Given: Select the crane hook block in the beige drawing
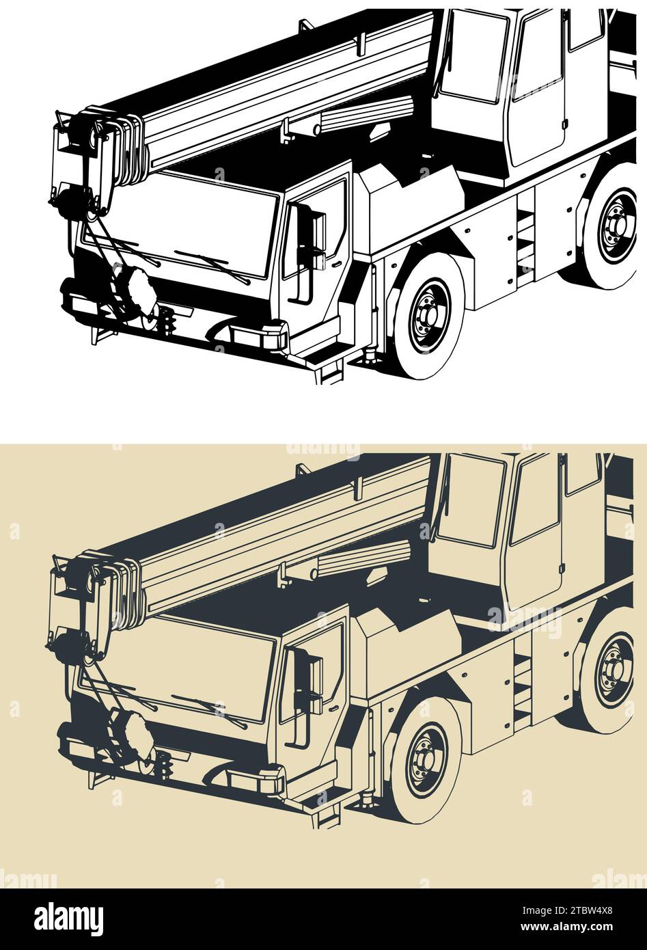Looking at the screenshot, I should (133, 735).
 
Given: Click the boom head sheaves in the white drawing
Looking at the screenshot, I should (130, 144).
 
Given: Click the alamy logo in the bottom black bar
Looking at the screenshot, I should (69, 919).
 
